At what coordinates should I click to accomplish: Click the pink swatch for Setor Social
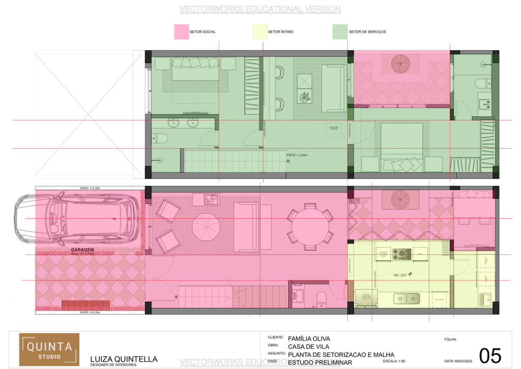pos(181,32)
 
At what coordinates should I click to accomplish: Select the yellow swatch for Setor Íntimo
pos(260,32)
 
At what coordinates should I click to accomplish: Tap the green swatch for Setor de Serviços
pos(339,32)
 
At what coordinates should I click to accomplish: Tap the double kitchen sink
pos(406,297)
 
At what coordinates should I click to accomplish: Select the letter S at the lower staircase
pos(177,296)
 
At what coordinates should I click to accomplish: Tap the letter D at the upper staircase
pos(288,162)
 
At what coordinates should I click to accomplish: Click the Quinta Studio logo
pos(49,350)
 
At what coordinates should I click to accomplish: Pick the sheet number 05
pos(490,355)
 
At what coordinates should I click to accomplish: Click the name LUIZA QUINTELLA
pos(124,359)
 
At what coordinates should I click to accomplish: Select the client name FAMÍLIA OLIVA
pos(309,338)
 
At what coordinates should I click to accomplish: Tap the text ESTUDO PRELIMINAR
pos(320,362)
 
